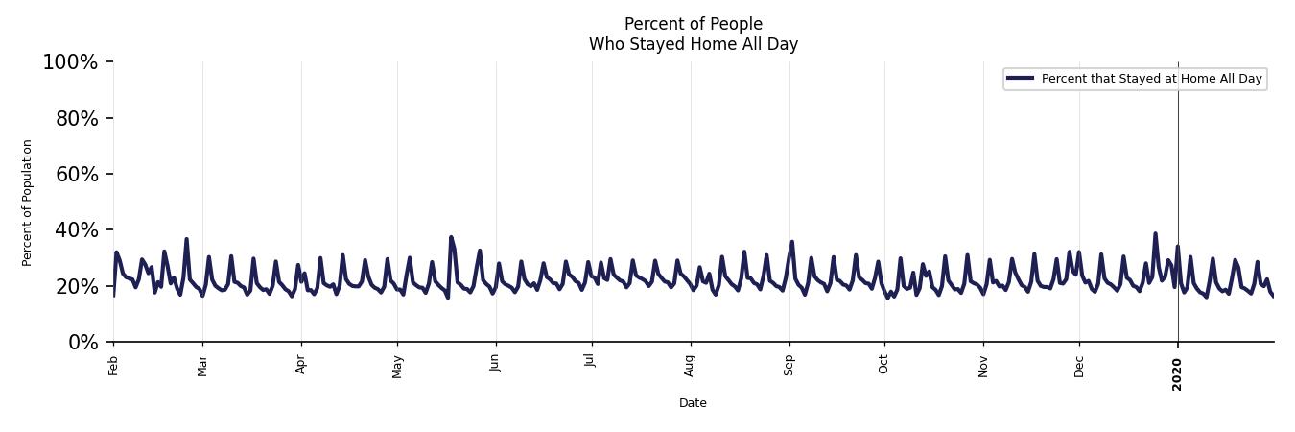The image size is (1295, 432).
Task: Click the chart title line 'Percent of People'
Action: [x=693, y=24]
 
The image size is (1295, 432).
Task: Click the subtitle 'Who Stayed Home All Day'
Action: [x=693, y=44]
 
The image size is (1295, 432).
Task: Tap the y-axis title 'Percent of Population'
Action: [x=28, y=203]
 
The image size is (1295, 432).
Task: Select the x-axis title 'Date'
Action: [x=693, y=403]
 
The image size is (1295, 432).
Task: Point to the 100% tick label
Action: [x=70, y=62]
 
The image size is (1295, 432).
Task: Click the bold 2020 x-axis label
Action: [x=1178, y=374]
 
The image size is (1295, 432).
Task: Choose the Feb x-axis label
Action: [x=113, y=365]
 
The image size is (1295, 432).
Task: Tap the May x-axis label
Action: [x=397, y=367]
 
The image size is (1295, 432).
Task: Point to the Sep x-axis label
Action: [x=789, y=365]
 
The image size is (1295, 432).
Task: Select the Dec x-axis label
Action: [x=1079, y=366]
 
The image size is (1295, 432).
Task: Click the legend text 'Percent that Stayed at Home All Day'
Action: [x=1151, y=79]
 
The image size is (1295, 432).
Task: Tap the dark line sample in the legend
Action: [x=1021, y=79]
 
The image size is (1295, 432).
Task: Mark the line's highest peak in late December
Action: [x=1155, y=233]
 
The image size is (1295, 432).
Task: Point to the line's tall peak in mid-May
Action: [x=451, y=237]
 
